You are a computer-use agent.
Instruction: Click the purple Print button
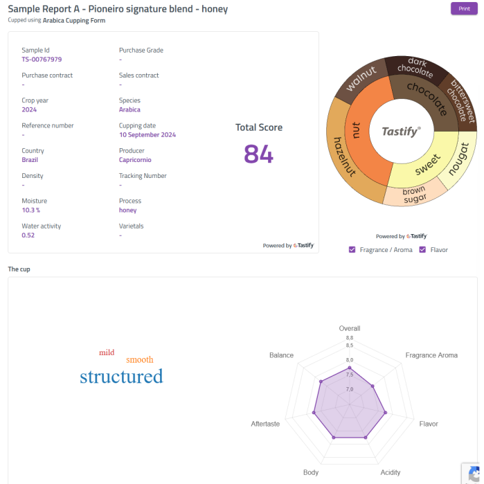click(463, 8)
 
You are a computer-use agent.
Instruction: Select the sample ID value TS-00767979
click(42, 60)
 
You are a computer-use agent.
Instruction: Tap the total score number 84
click(258, 154)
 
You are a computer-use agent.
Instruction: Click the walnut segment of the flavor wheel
click(361, 78)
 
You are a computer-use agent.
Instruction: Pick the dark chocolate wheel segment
click(416, 69)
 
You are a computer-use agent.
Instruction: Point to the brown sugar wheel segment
click(414, 195)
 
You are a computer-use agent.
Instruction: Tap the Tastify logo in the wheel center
click(401, 131)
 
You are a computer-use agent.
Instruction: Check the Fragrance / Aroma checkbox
click(352, 249)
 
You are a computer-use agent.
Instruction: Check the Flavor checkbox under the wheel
click(422, 249)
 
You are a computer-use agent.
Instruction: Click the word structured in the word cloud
click(121, 377)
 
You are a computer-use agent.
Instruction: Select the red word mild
click(107, 352)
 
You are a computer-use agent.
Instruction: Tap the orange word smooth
click(140, 359)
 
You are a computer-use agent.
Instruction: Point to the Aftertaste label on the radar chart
click(265, 424)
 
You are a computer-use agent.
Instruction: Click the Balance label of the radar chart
click(281, 355)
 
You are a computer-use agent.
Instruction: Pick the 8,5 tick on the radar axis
click(350, 346)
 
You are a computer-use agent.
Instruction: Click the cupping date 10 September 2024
click(147, 135)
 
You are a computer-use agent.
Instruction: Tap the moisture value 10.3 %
click(31, 210)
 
